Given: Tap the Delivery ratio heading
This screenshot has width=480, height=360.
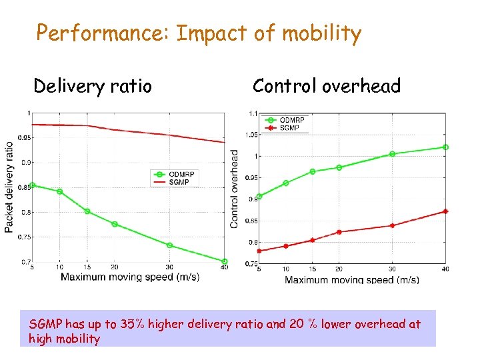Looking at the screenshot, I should (x=93, y=86).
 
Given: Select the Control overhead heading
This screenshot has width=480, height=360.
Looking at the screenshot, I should (x=326, y=86).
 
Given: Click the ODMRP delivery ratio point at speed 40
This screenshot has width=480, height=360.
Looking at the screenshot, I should (x=224, y=261).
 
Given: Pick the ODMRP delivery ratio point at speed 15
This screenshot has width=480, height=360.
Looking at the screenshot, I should (x=87, y=211).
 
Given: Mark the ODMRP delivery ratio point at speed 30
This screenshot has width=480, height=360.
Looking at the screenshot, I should (x=169, y=245).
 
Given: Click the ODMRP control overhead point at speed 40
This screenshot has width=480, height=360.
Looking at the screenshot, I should (x=445, y=147).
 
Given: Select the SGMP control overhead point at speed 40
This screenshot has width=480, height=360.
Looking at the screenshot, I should (x=445, y=211).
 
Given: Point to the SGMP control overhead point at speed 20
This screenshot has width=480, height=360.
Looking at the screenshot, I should (x=339, y=232).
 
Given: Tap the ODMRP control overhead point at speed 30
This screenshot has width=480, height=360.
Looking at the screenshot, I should (x=392, y=154).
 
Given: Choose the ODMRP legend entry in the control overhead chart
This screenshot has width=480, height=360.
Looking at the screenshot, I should (x=291, y=120).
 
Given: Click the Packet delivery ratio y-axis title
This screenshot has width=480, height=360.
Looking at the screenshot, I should (x=9, y=187).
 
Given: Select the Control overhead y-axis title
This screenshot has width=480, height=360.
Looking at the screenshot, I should (x=235, y=189).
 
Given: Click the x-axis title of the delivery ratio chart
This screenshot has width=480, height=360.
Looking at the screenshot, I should (x=130, y=277).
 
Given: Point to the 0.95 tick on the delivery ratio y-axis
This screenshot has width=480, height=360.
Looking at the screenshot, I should (x=23, y=138).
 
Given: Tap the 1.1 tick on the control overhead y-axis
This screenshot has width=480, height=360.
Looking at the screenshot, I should (x=253, y=113).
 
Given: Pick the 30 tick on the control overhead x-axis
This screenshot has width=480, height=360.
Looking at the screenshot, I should (x=392, y=269).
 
